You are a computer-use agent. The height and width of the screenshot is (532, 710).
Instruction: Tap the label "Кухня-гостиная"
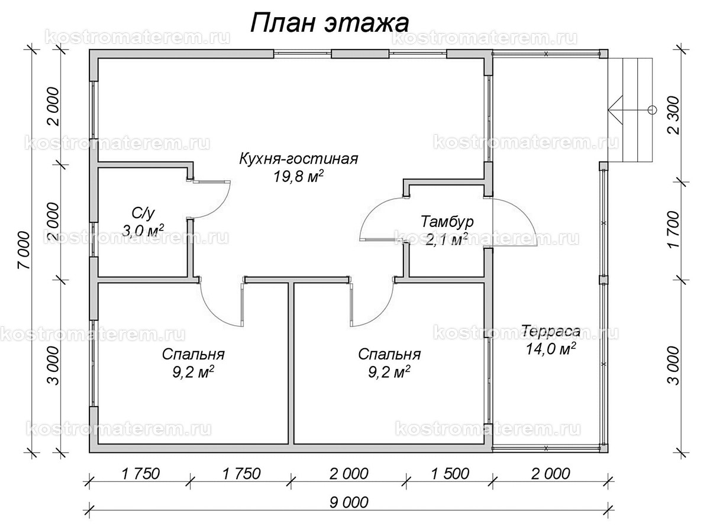point(299,159)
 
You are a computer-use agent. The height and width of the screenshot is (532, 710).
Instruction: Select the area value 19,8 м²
point(299,177)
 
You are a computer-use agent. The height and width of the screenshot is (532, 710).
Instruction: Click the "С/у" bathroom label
point(143,212)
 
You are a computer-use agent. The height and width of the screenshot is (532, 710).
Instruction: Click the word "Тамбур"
point(447,222)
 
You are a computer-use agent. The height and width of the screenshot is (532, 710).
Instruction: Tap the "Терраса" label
point(550,332)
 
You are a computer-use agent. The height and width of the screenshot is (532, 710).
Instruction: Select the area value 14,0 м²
point(550,349)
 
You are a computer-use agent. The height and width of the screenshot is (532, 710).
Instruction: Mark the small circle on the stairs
point(652,109)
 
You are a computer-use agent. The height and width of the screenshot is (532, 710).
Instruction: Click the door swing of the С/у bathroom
point(213,201)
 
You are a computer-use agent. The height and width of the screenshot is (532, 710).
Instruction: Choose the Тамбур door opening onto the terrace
point(515,222)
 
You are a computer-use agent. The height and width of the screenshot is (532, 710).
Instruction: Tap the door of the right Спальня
point(373,304)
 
